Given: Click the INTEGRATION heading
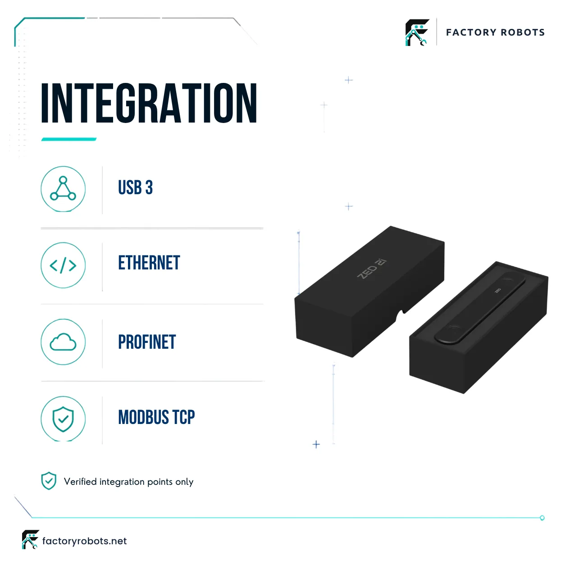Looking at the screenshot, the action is click(x=149, y=103).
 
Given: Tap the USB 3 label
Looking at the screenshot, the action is click(x=135, y=187).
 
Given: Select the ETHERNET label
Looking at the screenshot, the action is click(x=149, y=263).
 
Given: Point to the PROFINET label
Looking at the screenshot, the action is click(x=147, y=342).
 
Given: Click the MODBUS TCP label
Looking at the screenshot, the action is click(x=156, y=417).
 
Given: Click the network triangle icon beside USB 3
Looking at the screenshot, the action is click(x=63, y=188).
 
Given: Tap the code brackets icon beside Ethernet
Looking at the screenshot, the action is click(x=63, y=265).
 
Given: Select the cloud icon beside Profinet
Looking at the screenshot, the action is click(x=63, y=342).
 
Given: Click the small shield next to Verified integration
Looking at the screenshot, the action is click(x=49, y=481).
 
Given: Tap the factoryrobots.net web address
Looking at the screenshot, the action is click(x=84, y=541).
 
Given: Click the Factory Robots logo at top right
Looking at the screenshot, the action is click(x=417, y=32).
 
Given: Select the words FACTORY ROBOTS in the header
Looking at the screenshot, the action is click(x=495, y=32).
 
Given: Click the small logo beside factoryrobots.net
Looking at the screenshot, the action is click(x=31, y=539).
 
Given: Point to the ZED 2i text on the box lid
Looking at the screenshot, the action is click(x=372, y=269).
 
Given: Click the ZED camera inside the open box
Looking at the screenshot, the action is click(x=480, y=308).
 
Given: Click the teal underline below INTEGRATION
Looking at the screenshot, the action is click(x=69, y=139).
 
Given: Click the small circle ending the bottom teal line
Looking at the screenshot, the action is click(x=542, y=518).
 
